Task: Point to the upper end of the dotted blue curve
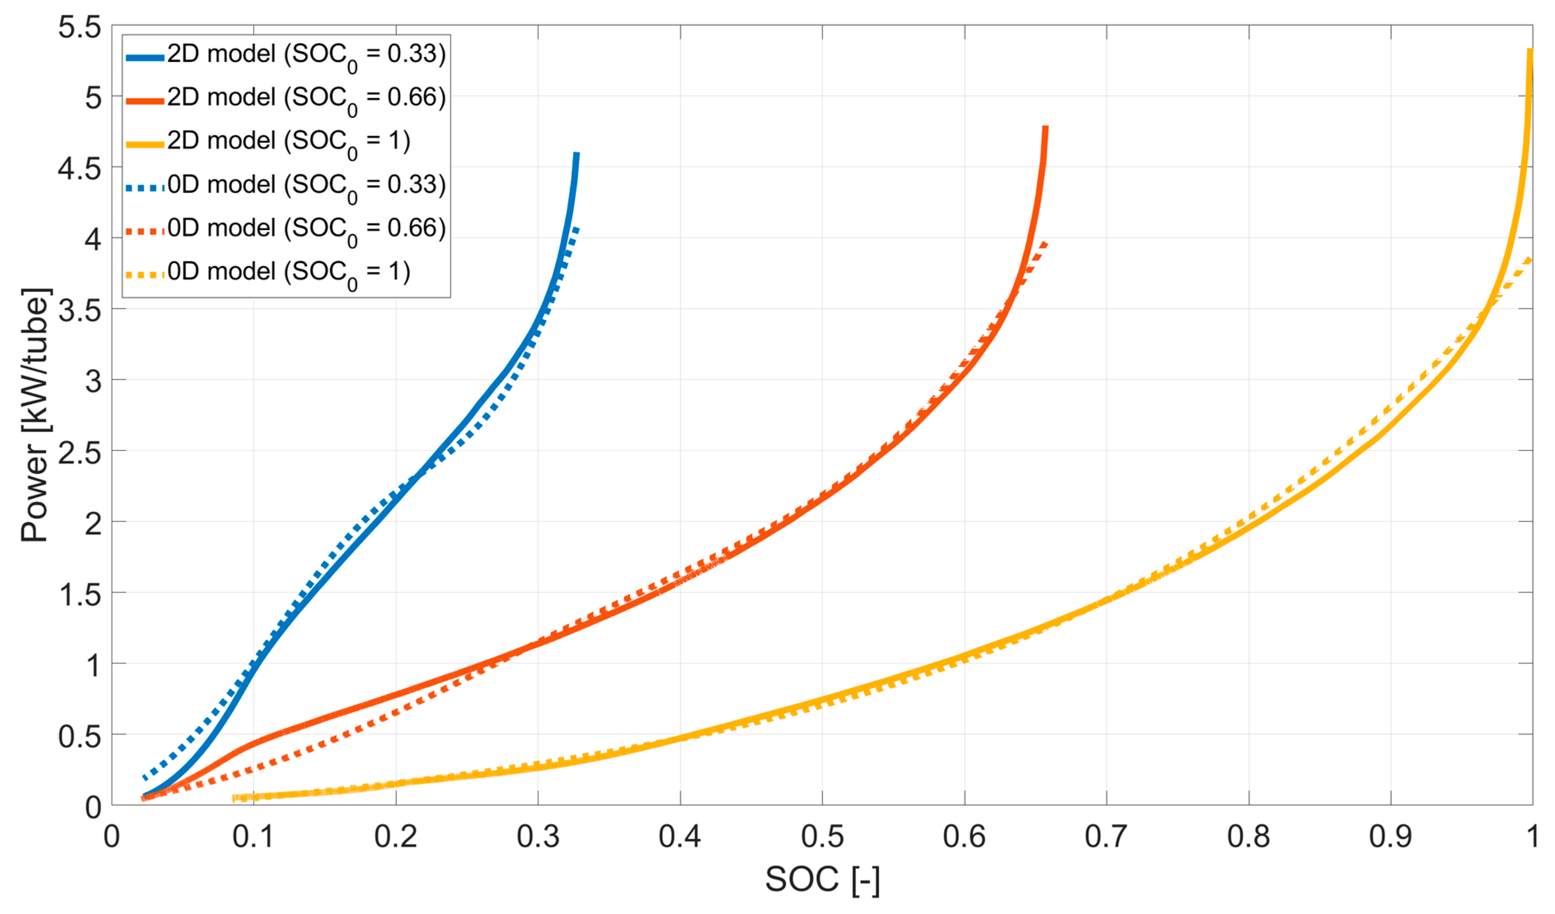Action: click(577, 228)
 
